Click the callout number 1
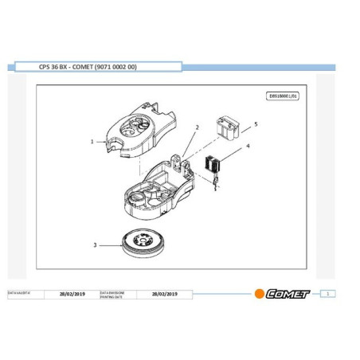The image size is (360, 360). [93, 142]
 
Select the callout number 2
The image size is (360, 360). [197, 127]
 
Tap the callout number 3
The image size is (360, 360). [96, 245]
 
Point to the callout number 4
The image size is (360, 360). [248, 147]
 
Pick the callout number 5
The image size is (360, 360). [256, 124]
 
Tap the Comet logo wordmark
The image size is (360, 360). [288, 293]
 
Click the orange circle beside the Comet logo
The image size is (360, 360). [259, 293]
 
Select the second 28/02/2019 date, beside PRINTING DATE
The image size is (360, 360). [164, 293]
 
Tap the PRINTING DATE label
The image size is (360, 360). [112, 295]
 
